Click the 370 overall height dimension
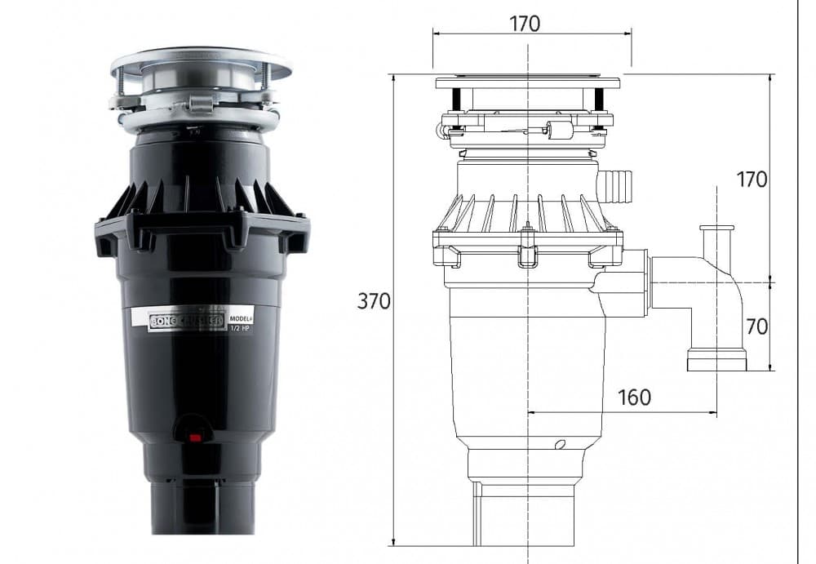click(374, 301)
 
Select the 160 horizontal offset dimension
click(634, 397)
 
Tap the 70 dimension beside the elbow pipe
click(756, 326)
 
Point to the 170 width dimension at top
click(525, 24)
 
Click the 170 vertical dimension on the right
click(752, 180)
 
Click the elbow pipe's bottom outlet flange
click(716, 360)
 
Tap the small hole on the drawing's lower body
click(559, 445)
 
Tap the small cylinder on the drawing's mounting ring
click(558, 130)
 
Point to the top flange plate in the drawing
click(527, 82)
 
